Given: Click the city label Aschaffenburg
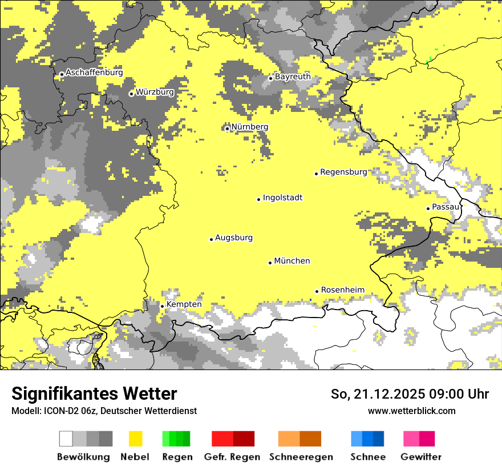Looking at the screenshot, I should point(94,73).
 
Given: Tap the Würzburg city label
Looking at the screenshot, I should point(155,92).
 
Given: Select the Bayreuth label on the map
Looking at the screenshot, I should point(293,77).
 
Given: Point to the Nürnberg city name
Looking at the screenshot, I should point(249,127).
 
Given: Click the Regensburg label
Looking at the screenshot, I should point(343,172).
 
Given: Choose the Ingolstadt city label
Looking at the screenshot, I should point(282,198).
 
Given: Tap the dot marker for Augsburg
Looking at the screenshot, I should point(211,239).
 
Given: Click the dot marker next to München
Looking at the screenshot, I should point(270,263).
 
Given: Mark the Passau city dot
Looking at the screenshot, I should point(428,208).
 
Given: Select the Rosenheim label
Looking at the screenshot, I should point(342,290).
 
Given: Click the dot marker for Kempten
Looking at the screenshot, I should point(162,306).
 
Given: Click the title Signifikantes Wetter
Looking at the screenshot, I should point(94,394).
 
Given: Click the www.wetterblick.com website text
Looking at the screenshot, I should point(411,411).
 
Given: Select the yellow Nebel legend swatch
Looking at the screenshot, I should point(135,439).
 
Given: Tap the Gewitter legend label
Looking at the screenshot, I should point(421,457).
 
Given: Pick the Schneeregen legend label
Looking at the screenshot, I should point(301,457).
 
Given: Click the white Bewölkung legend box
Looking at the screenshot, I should point(66,439).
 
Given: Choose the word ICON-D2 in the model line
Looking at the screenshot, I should point(55,411).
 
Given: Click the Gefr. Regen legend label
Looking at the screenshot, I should point(232,457).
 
